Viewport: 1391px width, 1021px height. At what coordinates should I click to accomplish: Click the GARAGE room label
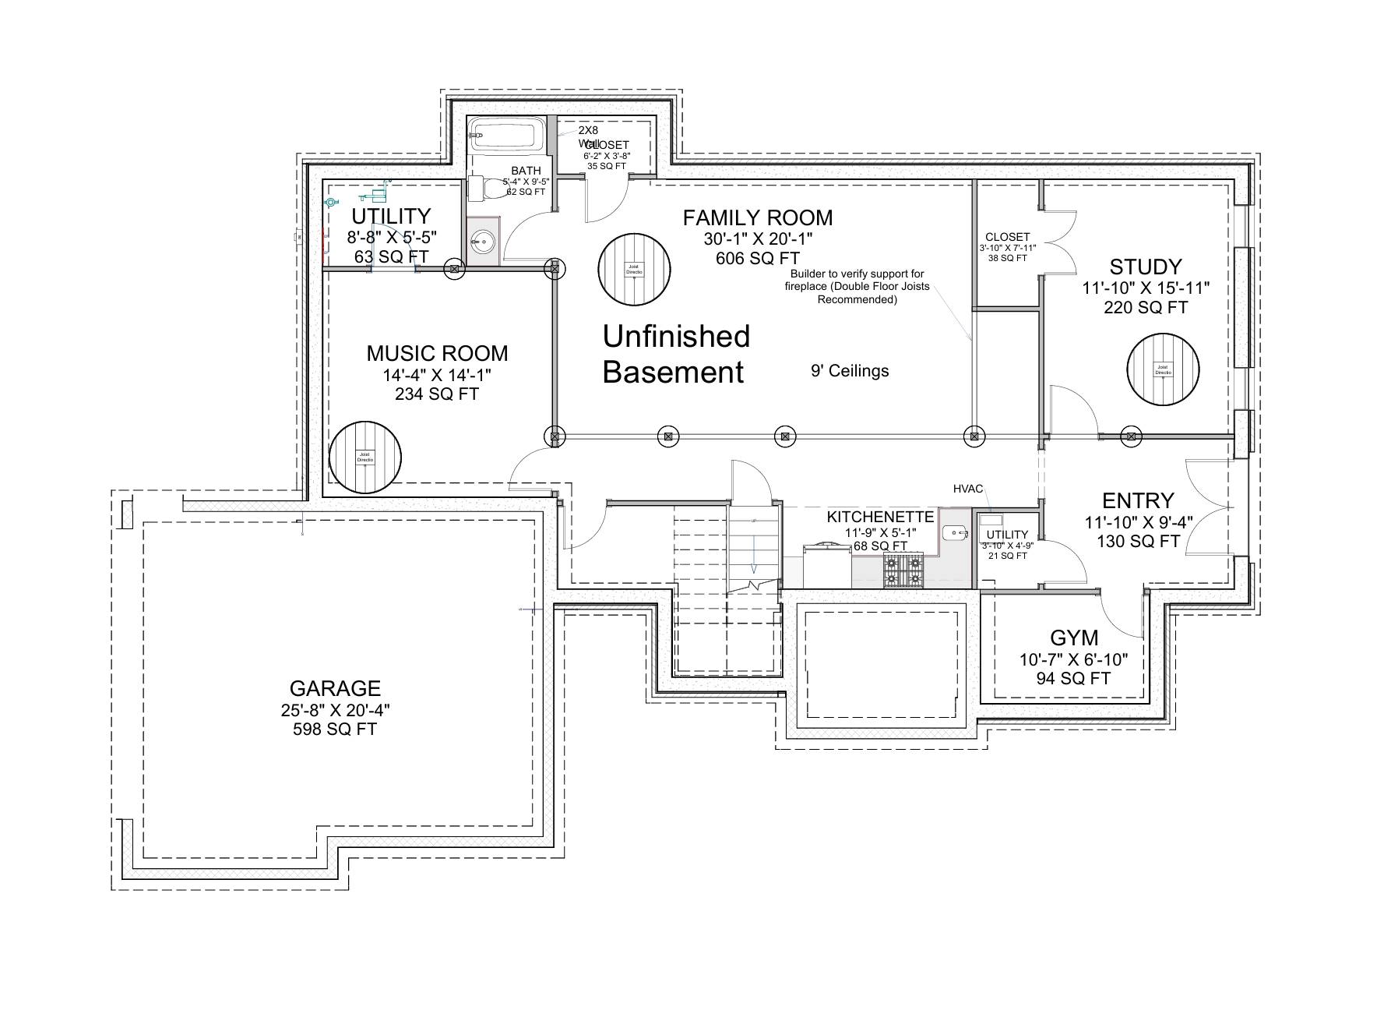(x=335, y=688)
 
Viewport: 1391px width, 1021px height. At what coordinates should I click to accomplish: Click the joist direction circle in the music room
(x=365, y=458)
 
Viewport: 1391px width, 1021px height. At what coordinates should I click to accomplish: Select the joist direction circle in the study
(x=1163, y=369)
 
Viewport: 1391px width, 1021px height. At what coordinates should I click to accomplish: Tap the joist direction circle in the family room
(x=634, y=269)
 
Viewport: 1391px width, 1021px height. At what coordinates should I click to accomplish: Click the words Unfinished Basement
(x=676, y=355)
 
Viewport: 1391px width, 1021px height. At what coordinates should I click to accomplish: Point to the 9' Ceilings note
(x=850, y=371)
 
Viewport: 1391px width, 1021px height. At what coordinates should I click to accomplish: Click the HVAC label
(x=968, y=489)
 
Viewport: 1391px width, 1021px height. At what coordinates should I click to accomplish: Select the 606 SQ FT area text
(x=758, y=258)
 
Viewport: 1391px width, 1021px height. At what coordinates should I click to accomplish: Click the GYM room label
(x=1073, y=638)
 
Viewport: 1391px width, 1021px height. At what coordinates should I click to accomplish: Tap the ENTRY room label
(x=1138, y=500)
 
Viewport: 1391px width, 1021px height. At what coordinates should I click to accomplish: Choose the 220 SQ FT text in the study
(x=1146, y=308)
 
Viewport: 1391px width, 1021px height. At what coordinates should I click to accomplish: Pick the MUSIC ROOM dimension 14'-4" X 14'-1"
(x=437, y=375)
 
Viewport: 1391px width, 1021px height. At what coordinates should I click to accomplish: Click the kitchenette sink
(x=953, y=533)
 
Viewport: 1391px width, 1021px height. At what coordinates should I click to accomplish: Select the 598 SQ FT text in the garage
(x=335, y=730)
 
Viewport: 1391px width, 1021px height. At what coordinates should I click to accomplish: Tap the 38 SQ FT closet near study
(x=1007, y=258)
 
